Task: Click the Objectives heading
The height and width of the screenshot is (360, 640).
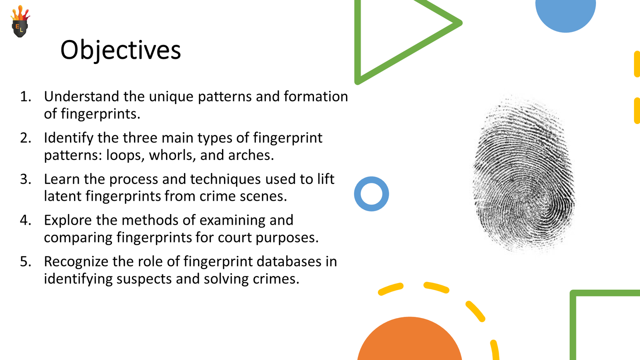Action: tap(120, 50)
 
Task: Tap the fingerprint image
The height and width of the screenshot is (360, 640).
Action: tap(523, 174)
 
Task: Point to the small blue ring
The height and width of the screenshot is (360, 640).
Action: tap(371, 194)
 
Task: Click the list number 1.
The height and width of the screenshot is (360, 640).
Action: tap(26, 96)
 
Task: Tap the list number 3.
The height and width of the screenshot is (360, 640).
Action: tap(26, 179)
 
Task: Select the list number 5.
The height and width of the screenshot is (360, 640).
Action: tap(26, 262)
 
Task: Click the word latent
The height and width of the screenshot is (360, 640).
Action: tap(62, 196)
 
